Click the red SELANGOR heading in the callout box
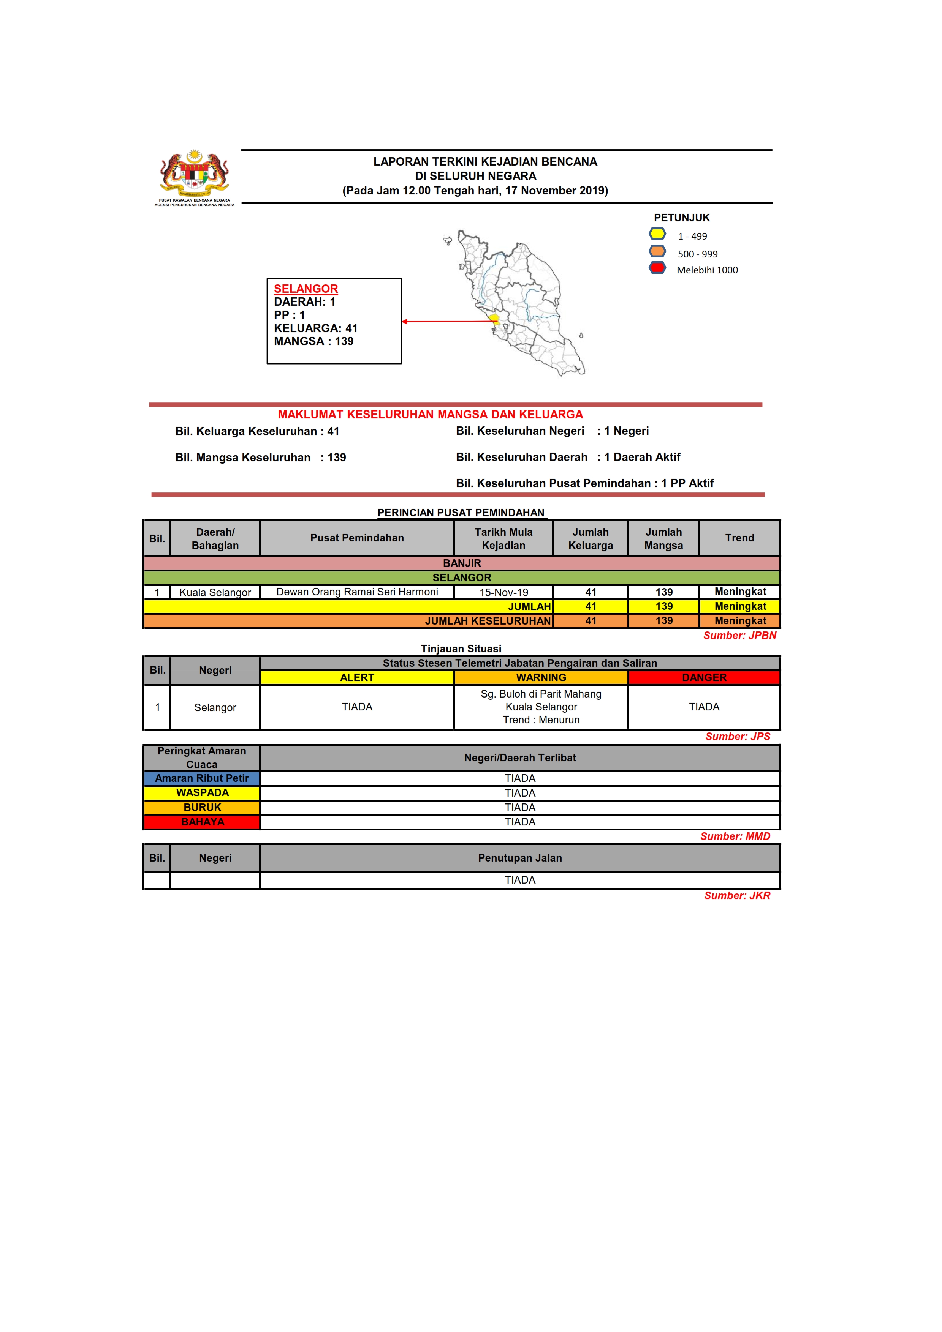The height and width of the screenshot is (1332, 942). [306, 289]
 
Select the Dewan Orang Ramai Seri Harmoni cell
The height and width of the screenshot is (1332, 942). [357, 592]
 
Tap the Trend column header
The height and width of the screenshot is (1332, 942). [739, 538]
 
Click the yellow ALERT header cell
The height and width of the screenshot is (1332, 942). [357, 678]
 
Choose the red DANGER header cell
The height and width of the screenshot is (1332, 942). [704, 678]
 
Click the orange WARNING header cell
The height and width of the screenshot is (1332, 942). [541, 678]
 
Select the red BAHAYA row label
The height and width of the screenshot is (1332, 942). [202, 822]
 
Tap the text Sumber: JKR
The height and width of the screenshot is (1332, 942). [737, 896]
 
